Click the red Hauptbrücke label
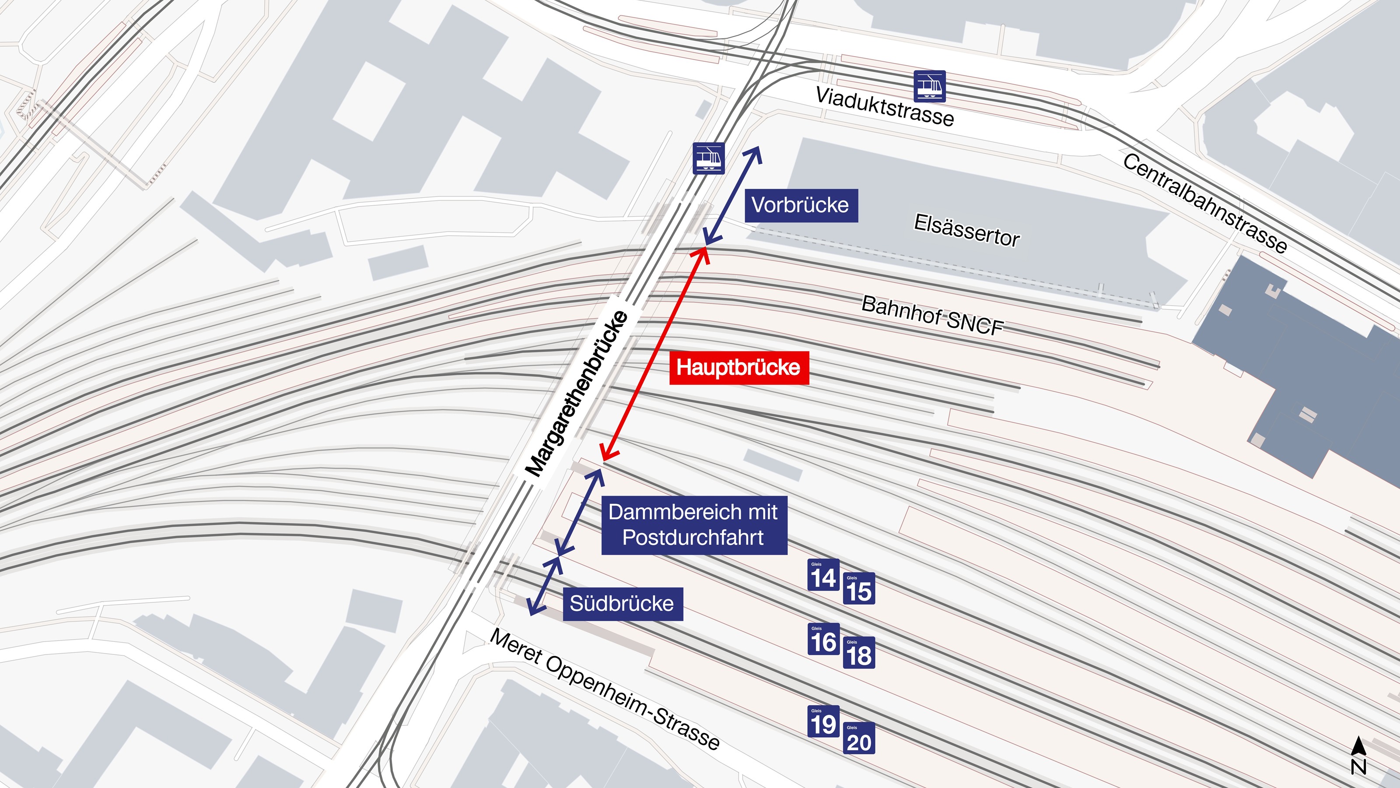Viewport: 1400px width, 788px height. coord(738,368)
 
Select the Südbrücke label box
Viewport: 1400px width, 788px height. coord(622,604)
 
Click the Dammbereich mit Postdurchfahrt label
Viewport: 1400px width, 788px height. coord(693,525)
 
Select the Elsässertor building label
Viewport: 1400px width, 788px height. coord(966,231)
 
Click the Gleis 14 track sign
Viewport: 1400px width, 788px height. coord(823,575)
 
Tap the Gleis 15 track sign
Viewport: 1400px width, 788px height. coord(859,588)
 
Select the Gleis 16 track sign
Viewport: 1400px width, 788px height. coord(823,639)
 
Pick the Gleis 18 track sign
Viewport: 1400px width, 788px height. coord(859,653)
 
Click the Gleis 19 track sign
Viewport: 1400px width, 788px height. coord(823,721)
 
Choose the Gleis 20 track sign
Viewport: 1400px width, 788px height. coord(859,738)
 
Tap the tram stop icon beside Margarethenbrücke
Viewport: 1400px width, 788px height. coord(708,158)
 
